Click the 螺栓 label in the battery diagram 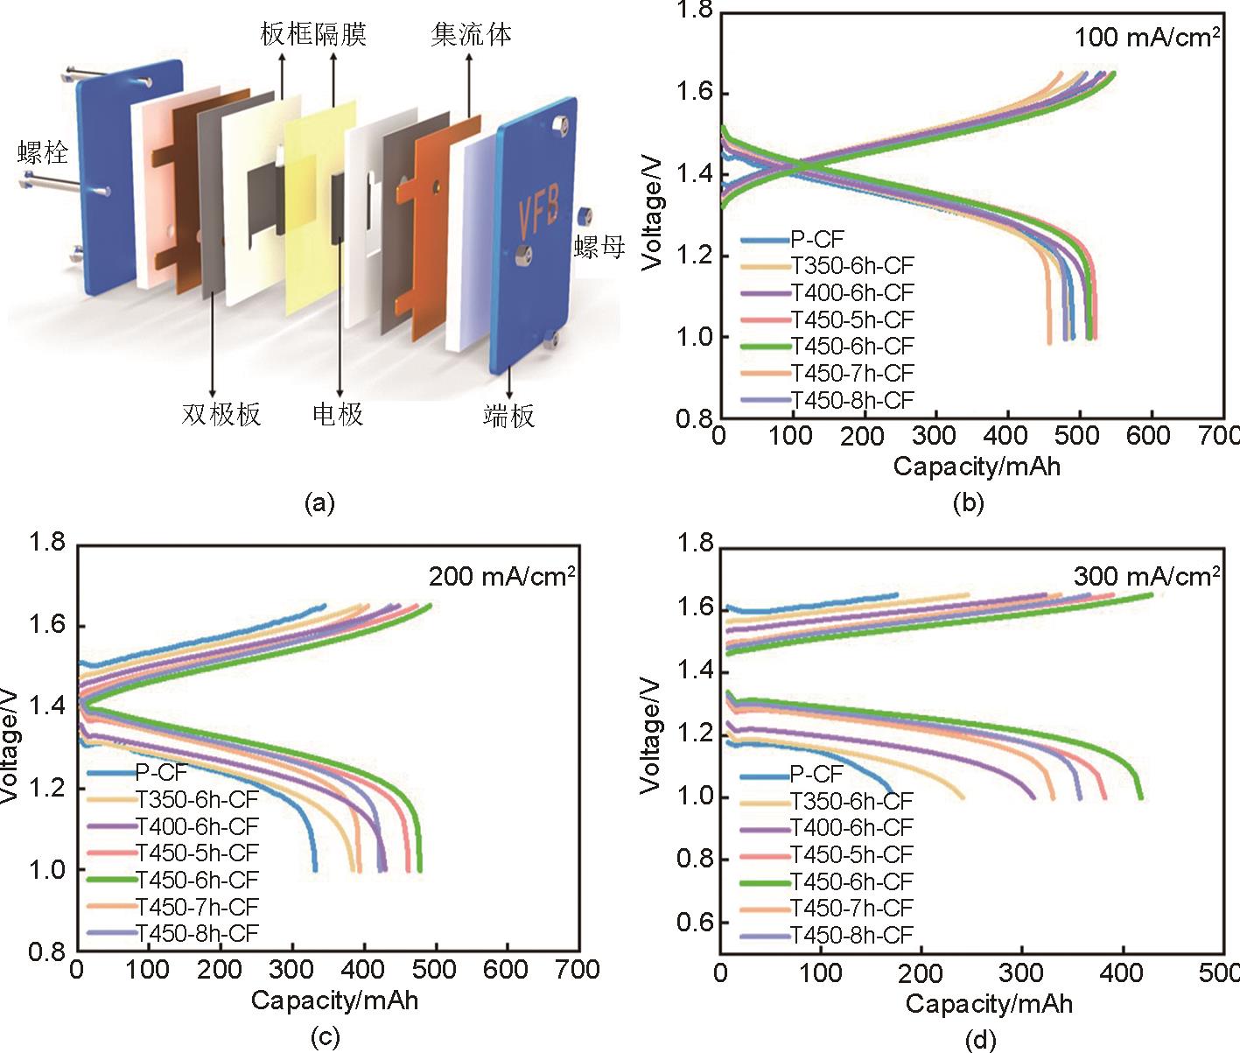43,152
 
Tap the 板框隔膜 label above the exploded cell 312,35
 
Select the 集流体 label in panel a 471,35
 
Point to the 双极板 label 221,414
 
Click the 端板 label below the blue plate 508,416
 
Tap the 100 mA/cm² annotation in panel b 1146,38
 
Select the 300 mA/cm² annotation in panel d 1146,576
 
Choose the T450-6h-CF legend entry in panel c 197,880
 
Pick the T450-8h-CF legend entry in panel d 851,935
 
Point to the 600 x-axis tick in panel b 1148,435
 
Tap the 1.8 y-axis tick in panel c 47,543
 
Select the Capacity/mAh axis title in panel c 334,1000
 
